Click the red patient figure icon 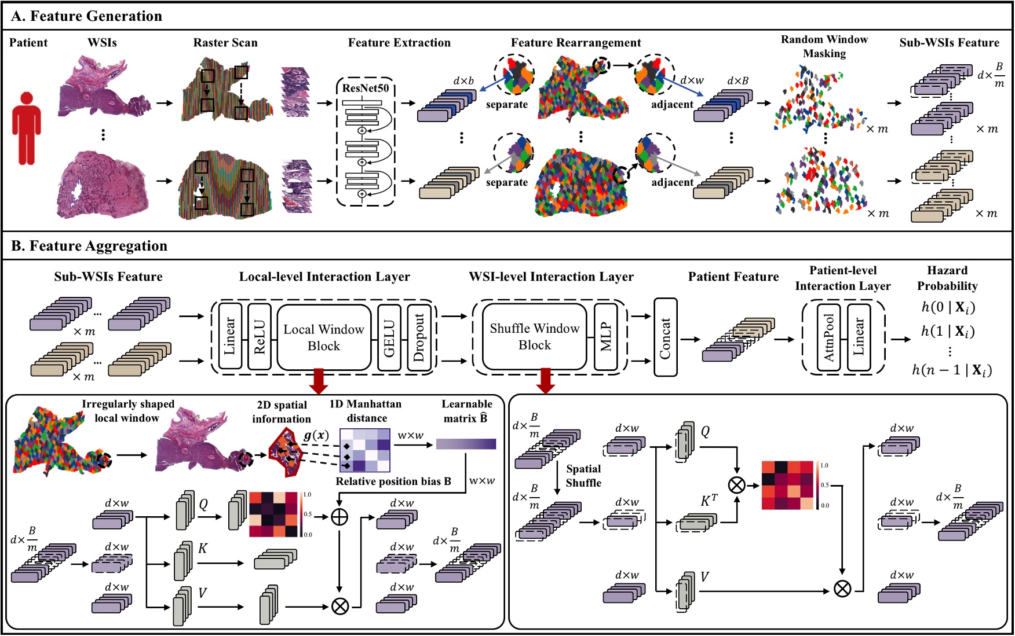tap(27, 128)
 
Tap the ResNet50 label tap(365, 88)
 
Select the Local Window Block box tap(324, 337)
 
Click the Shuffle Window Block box tap(534, 336)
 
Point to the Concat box tap(665, 337)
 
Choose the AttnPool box tap(829, 337)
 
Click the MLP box tap(606, 337)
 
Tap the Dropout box tap(419, 337)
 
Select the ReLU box tap(259, 337)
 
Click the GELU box tap(389, 337)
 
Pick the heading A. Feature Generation tap(87, 16)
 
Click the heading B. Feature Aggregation tap(89, 246)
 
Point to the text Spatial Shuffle tap(583, 476)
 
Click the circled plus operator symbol tap(339, 517)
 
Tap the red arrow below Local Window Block tap(319, 381)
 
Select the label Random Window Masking tap(824, 46)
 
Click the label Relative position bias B tap(393, 481)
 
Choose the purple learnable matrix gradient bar tap(466, 444)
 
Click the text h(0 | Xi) tap(948, 307)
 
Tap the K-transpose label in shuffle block tap(709, 501)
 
